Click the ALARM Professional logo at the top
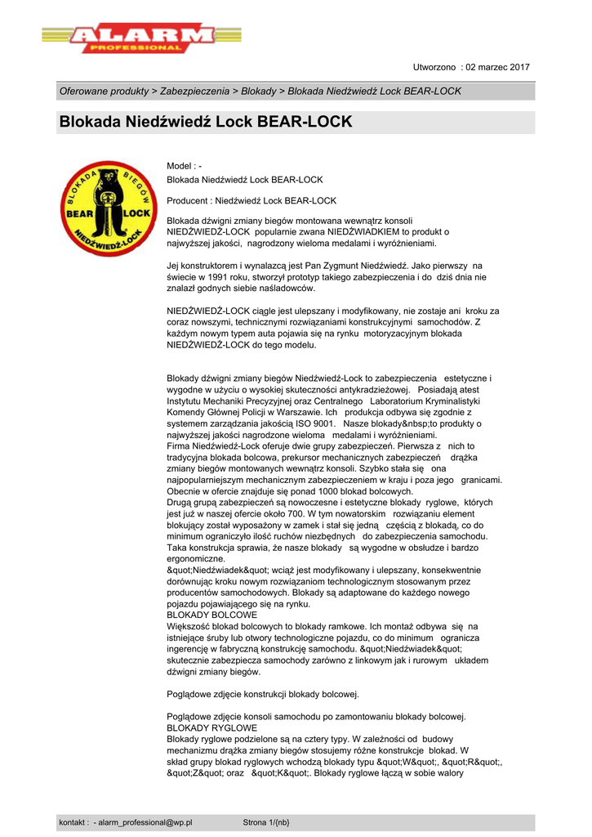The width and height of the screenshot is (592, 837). point(141,38)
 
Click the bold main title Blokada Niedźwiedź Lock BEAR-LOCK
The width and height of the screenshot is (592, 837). point(206,123)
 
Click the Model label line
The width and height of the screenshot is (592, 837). point(184,166)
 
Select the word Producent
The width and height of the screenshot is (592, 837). point(187,200)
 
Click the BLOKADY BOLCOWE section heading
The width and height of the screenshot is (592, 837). point(211,614)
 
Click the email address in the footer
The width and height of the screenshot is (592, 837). point(145,822)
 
